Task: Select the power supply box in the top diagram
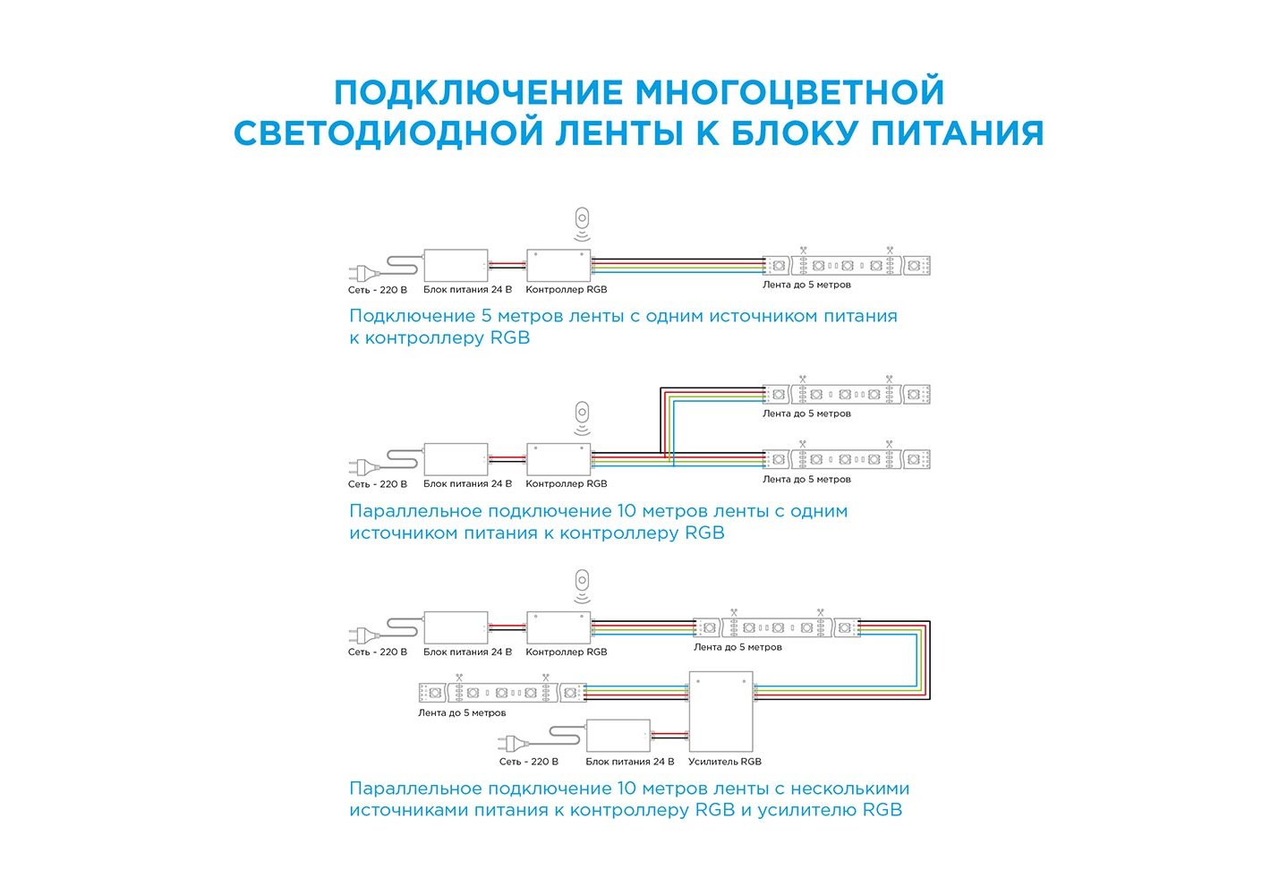point(456,266)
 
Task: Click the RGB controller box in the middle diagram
point(558,459)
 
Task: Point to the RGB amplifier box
point(721,712)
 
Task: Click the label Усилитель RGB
point(725,762)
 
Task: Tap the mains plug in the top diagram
point(363,273)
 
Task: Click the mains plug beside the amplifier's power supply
point(514,743)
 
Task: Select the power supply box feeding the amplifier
point(618,736)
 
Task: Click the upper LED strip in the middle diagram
point(847,395)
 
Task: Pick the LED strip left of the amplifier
point(502,693)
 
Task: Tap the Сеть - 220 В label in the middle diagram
point(378,484)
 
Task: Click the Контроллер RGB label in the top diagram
point(567,289)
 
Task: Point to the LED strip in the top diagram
point(847,266)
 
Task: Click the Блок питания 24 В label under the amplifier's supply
point(630,762)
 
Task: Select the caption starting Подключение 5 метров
point(623,327)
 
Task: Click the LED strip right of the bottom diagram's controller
point(777,627)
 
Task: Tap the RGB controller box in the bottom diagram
point(558,627)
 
